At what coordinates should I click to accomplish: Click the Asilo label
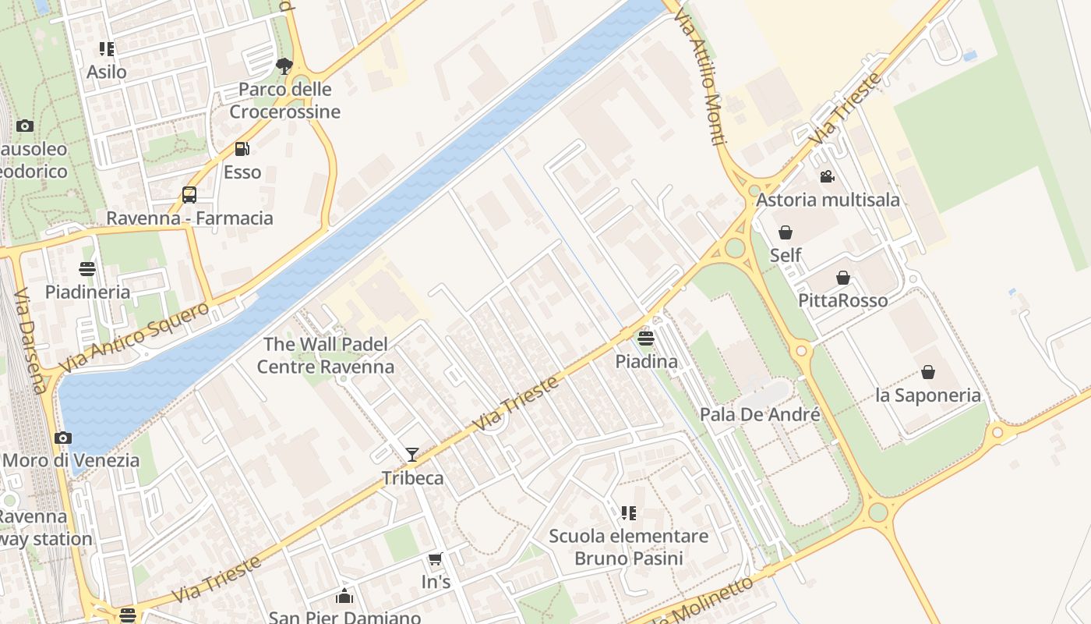point(106,72)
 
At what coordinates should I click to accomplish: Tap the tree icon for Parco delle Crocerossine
point(284,66)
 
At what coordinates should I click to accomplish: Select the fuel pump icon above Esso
point(242,148)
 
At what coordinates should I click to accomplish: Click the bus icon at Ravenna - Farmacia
point(189,194)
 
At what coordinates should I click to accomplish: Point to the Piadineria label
point(87,292)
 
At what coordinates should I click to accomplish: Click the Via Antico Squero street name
point(134,336)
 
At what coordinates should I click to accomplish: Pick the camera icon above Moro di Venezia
point(63,438)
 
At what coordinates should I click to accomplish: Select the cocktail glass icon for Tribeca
point(412,454)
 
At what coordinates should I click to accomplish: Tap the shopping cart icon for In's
point(436,558)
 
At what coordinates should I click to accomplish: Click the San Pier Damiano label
point(344,617)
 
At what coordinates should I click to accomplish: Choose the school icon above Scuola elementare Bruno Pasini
point(628,512)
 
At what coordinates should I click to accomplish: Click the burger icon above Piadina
point(645,338)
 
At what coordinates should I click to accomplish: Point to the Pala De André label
point(760,414)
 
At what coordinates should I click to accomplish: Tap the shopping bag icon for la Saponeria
point(927,372)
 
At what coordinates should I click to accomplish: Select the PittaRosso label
point(842,300)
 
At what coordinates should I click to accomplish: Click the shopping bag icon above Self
point(786,232)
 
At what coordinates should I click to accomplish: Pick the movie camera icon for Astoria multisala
point(828,176)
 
